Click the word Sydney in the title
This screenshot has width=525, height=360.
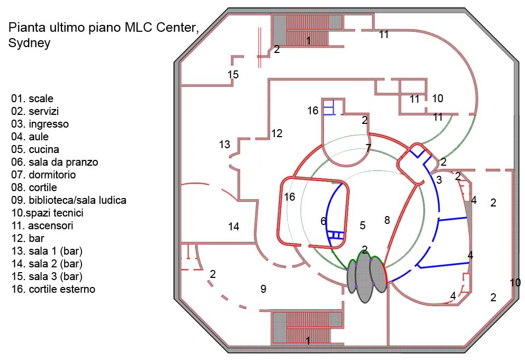click(29, 43)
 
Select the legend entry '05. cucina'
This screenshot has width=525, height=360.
click(35, 149)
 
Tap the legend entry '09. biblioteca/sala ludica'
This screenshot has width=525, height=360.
click(68, 200)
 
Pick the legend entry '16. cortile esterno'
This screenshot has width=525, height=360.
click(53, 289)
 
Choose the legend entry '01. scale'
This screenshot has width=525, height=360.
click(32, 98)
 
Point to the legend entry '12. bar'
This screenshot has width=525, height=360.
click(29, 238)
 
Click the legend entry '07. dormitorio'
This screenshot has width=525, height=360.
click(43, 175)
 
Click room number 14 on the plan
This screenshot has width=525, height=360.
click(233, 227)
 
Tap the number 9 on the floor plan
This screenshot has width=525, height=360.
click(262, 289)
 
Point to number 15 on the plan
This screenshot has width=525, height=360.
click(233, 75)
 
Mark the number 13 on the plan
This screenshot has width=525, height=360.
click(224, 144)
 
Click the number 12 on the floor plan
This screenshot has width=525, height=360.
click(277, 133)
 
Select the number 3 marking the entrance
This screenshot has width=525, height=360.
click(438, 180)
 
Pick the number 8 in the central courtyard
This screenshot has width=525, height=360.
click(387, 220)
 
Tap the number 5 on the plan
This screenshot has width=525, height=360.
click(363, 226)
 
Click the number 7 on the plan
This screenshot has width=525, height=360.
click(368, 148)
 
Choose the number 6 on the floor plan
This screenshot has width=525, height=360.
click(323, 221)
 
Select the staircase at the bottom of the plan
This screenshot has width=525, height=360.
click(307, 328)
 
